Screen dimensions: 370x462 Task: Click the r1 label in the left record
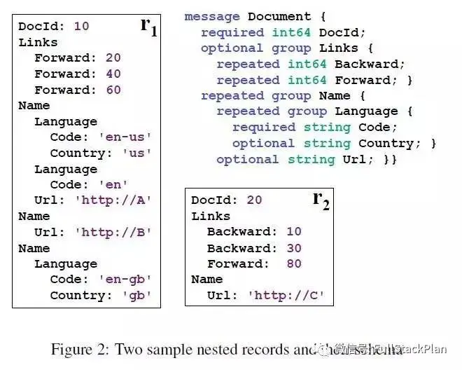(x=148, y=27)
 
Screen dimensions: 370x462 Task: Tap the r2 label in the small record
(x=321, y=200)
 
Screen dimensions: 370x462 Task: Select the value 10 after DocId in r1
(x=81, y=26)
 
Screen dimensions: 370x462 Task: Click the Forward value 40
(x=113, y=74)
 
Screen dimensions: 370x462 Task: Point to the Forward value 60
(x=113, y=90)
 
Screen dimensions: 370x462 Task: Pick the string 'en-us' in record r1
(x=128, y=137)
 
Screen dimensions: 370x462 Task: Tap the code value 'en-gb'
(x=128, y=280)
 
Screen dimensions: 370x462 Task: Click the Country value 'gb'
(x=136, y=295)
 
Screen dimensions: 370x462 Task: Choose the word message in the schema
(x=212, y=16)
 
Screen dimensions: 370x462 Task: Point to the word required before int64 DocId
(x=228, y=32)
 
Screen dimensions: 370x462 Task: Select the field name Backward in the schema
(x=361, y=64)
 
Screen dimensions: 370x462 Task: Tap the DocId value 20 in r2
(x=254, y=200)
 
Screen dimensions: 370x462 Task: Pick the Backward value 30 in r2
(x=293, y=248)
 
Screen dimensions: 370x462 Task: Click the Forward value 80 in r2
(x=293, y=264)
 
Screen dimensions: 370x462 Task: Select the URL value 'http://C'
(x=286, y=296)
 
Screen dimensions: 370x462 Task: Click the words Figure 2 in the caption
(x=79, y=349)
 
